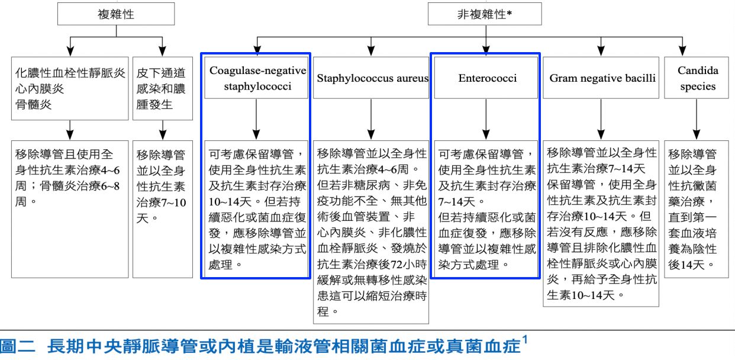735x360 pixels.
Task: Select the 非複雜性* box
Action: point(485,14)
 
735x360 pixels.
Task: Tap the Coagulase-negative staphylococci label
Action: point(257,78)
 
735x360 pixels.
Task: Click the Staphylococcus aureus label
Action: point(372,78)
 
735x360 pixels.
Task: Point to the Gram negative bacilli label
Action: point(602,78)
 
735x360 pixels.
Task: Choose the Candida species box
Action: point(698,78)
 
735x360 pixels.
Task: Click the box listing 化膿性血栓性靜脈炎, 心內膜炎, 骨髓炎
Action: point(70,88)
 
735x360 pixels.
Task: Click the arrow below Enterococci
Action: point(486,121)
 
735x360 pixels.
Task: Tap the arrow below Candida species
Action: point(698,121)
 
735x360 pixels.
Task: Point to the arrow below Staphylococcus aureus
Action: point(371,121)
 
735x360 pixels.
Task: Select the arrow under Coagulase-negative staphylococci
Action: point(256,121)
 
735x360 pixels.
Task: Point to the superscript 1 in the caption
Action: point(525,339)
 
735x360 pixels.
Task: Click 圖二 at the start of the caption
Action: point(16,346)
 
